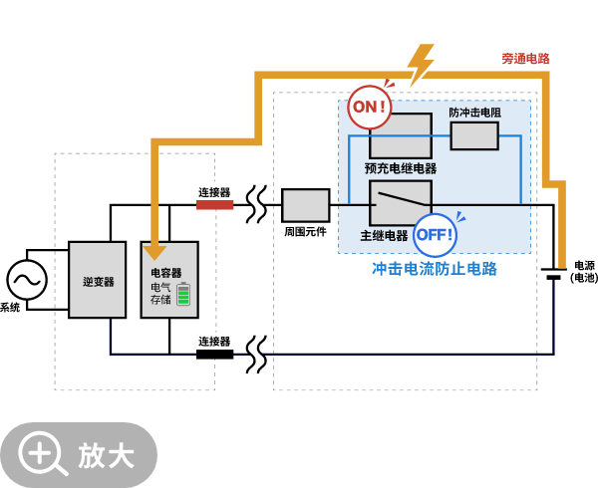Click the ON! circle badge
coord(369,108)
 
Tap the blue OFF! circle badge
coord(435,235)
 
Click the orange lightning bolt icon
coord(421,65)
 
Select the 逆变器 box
coord(98,280)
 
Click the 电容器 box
coord(168,280)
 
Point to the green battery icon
coord(183,294)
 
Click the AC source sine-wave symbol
coord(27,280)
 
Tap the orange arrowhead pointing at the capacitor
coord(154,252)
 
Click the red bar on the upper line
coord(214,205)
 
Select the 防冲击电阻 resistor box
coord(474,136)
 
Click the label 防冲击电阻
coord(474,114)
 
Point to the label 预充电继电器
coord(400,168)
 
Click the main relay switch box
coord(401,203)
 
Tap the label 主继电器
coord(384,236)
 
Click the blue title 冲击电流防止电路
coord(434,269)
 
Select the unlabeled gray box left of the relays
coord(305,205)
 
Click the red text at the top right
coord(525,59)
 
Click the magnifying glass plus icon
coord(42,454)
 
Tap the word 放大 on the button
coord(107,455)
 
